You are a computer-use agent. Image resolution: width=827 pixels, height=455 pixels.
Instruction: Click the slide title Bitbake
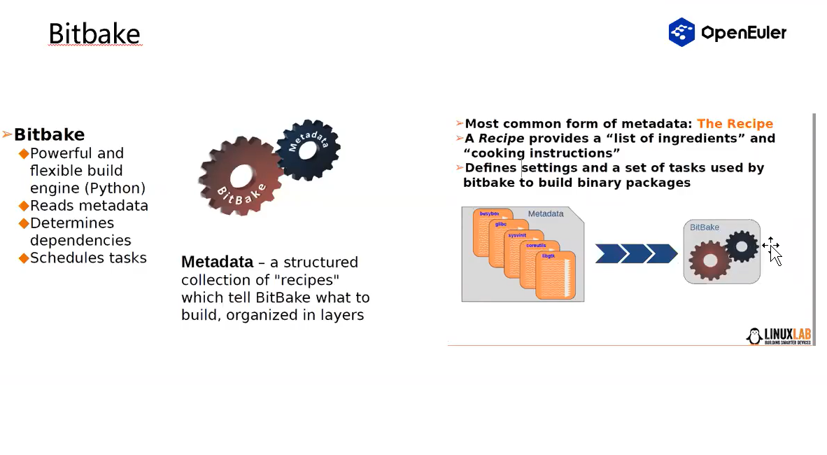pos(94,34)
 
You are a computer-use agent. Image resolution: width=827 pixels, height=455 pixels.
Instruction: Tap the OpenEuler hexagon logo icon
pos(681,32)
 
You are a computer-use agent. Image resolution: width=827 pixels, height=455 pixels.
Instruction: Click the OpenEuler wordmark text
pos(743,33)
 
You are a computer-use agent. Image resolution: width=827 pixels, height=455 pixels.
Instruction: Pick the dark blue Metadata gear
pos(308,148)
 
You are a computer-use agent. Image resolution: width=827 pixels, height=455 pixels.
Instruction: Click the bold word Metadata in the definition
pos(217,262)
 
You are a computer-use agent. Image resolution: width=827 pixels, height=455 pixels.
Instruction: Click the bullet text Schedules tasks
pos(88,258)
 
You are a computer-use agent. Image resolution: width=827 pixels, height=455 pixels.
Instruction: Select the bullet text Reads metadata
pos(89,206)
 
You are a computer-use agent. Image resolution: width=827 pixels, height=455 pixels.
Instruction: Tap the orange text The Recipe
pos(735,124)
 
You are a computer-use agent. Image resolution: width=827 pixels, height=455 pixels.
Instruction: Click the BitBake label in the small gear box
pos(705,227)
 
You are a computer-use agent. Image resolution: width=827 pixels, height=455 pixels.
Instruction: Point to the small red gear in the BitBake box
pos(709,260)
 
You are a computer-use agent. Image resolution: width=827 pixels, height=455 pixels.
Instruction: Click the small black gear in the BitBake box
pos(741,246)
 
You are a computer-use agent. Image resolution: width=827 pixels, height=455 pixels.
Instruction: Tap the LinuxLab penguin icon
pos(754,337)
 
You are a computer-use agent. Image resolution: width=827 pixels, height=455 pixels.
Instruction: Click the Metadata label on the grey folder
pos(545,213)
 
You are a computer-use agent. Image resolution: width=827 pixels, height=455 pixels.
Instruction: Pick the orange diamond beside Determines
pos(24,223)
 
